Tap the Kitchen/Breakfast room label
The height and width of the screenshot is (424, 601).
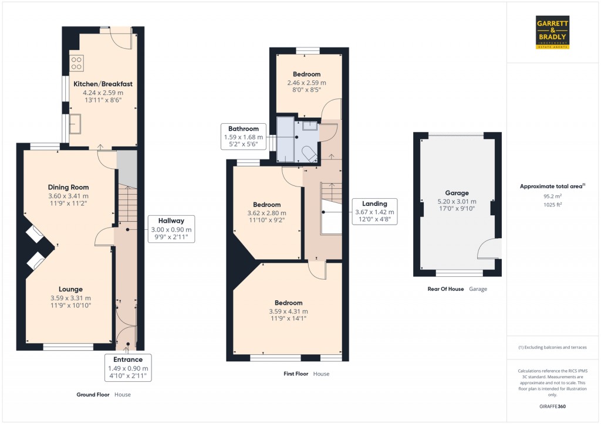(103, 84)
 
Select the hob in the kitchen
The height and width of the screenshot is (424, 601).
(77, 62)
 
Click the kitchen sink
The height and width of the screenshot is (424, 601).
(76, 124)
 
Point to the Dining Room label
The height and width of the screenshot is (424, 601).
(68, 187)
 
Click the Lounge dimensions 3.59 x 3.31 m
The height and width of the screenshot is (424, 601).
(70, 298)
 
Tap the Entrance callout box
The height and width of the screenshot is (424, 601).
(128, 368)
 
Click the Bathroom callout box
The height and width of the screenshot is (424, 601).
(244, 137)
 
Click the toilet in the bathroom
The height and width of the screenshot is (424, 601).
(309, 153)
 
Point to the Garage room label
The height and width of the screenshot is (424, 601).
(457, 193)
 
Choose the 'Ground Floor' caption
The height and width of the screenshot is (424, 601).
(93, 395)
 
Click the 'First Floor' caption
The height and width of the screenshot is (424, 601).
(296, 374)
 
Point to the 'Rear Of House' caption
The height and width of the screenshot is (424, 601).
(446, 289)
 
